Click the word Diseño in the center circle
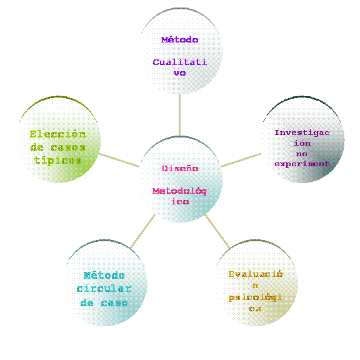click(180, 169)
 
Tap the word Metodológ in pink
click(179, 191)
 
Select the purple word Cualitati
click(180, 62)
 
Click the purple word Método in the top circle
click(179, 40)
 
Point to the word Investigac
click(302, 133)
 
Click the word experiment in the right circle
click(302, 164)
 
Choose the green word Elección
click(57, 134)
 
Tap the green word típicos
click(58, 160)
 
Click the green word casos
click(68, 147)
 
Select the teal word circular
click(104, 289)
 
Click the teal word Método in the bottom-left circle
click(104, 275)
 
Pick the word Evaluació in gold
click(256, 274)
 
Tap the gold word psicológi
click(255, 297)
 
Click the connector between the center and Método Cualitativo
click(179, 115)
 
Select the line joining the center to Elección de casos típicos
click(119, 160)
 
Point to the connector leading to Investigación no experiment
click(241, 160)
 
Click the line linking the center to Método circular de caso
click(142, 231)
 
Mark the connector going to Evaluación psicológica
click(217, 231)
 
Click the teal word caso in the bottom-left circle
click(114, 303)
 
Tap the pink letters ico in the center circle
click(180, 202)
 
